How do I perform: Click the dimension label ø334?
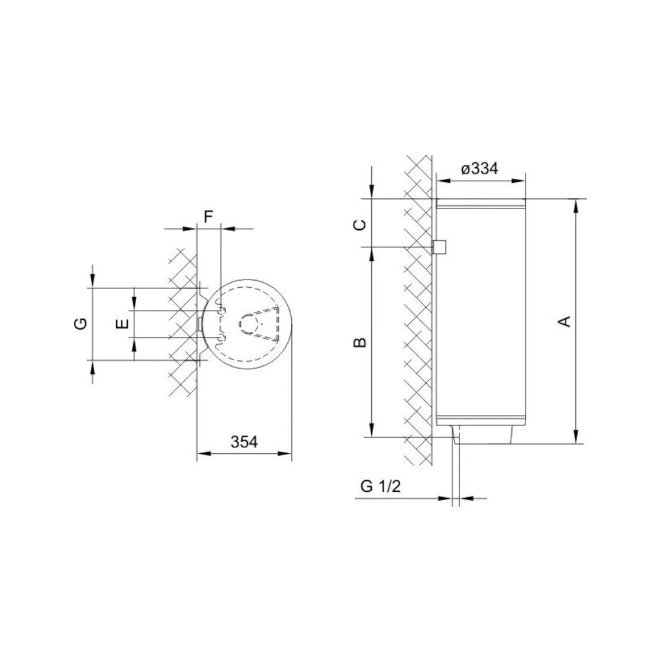(480, 168)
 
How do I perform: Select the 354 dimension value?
(244, 442)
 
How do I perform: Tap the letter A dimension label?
(564, 321)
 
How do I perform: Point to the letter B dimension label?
(361, 342)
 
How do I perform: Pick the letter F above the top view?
(208, 217)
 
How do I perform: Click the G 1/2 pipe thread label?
(380, 487)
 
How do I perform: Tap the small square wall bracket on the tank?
(440, 247)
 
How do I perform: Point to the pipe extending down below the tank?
(456, 471)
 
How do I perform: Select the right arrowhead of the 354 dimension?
(287, 454)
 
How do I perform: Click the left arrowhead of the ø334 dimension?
(441, 180)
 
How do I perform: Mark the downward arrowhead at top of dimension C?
(371, 193)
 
